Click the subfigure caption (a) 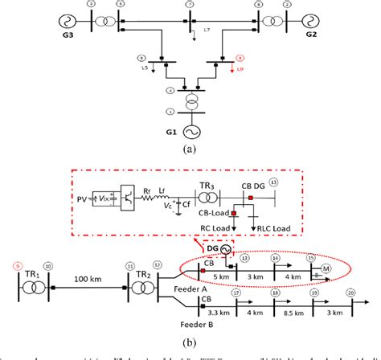click(190, 149)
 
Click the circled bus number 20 click(350, 294)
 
